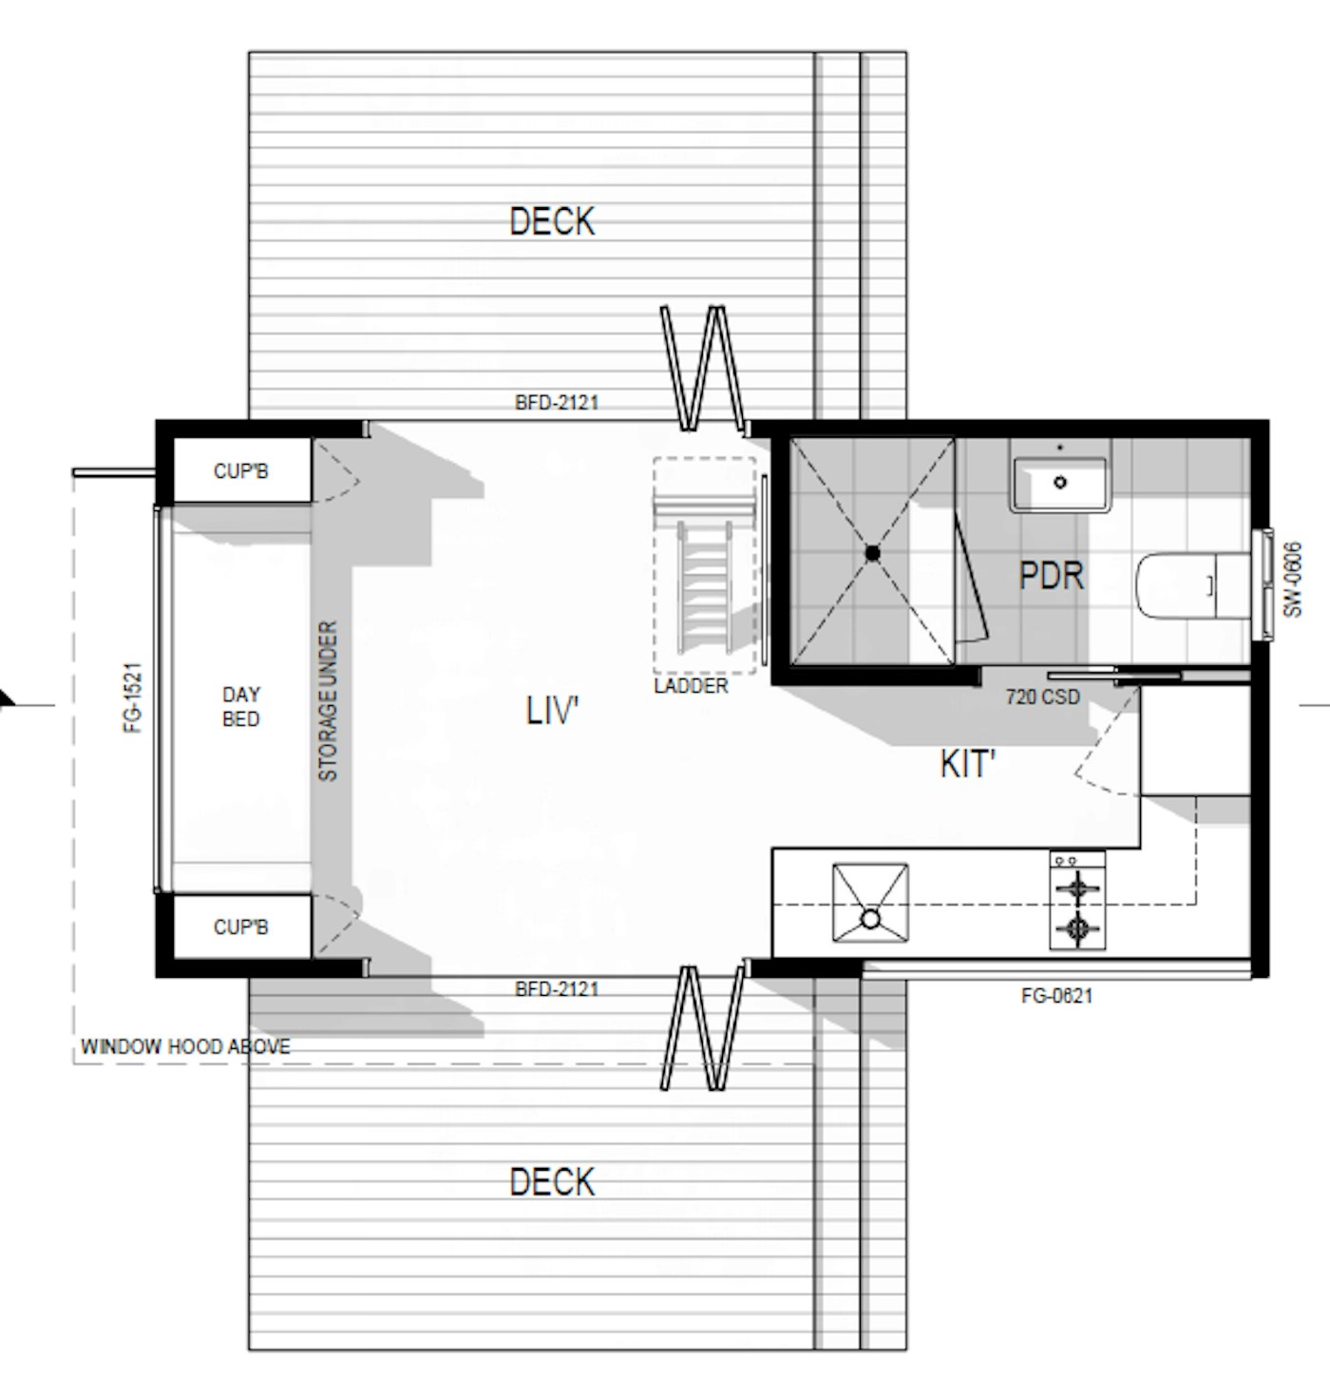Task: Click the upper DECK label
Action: (552, 221)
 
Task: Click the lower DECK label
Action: (552, 1182)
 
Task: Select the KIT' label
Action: (967, 764)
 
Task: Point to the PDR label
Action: (1051, 575)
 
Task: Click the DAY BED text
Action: (240, 707)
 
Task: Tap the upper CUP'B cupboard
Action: (240, 470)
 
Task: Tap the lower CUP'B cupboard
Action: (240, 927)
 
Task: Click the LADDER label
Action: (691, 686)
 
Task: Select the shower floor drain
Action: (872, 552)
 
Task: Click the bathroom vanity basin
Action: (1059, 480)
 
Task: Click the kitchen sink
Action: (869, 903)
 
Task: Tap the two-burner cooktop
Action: (1077, 900)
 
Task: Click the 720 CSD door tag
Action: (1042, 697)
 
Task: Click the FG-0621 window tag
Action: (1056, 997)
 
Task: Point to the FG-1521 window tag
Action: (133, 697)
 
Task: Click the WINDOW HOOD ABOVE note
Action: (185, 1047)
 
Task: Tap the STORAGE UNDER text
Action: (328, 701)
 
